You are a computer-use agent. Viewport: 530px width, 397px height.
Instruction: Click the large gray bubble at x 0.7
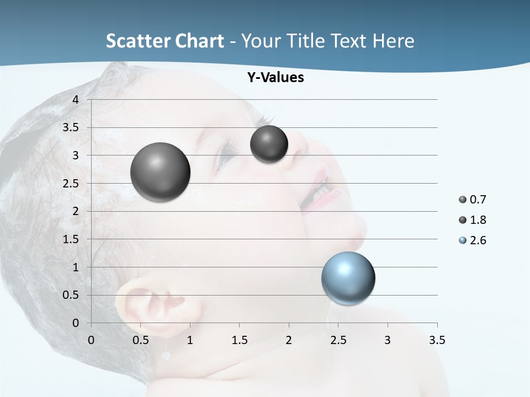coord(160,172)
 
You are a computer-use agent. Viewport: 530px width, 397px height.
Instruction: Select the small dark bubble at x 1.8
coord(269,144)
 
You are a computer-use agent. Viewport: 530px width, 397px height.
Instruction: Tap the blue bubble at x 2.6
coord(348,278)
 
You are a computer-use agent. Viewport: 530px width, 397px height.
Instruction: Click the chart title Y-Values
coord(275,78)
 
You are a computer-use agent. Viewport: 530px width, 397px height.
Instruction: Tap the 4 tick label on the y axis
coord(76,100)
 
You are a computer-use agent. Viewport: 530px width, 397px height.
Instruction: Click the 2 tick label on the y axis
coord(76,211)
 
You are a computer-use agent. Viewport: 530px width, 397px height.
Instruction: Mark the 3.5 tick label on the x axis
coord(437,340)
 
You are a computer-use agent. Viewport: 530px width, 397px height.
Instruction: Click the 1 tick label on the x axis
coord(190,340)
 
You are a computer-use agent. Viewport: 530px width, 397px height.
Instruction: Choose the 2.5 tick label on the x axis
coord(338,340)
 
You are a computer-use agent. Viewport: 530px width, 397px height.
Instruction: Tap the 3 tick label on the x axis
coord(388,340)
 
